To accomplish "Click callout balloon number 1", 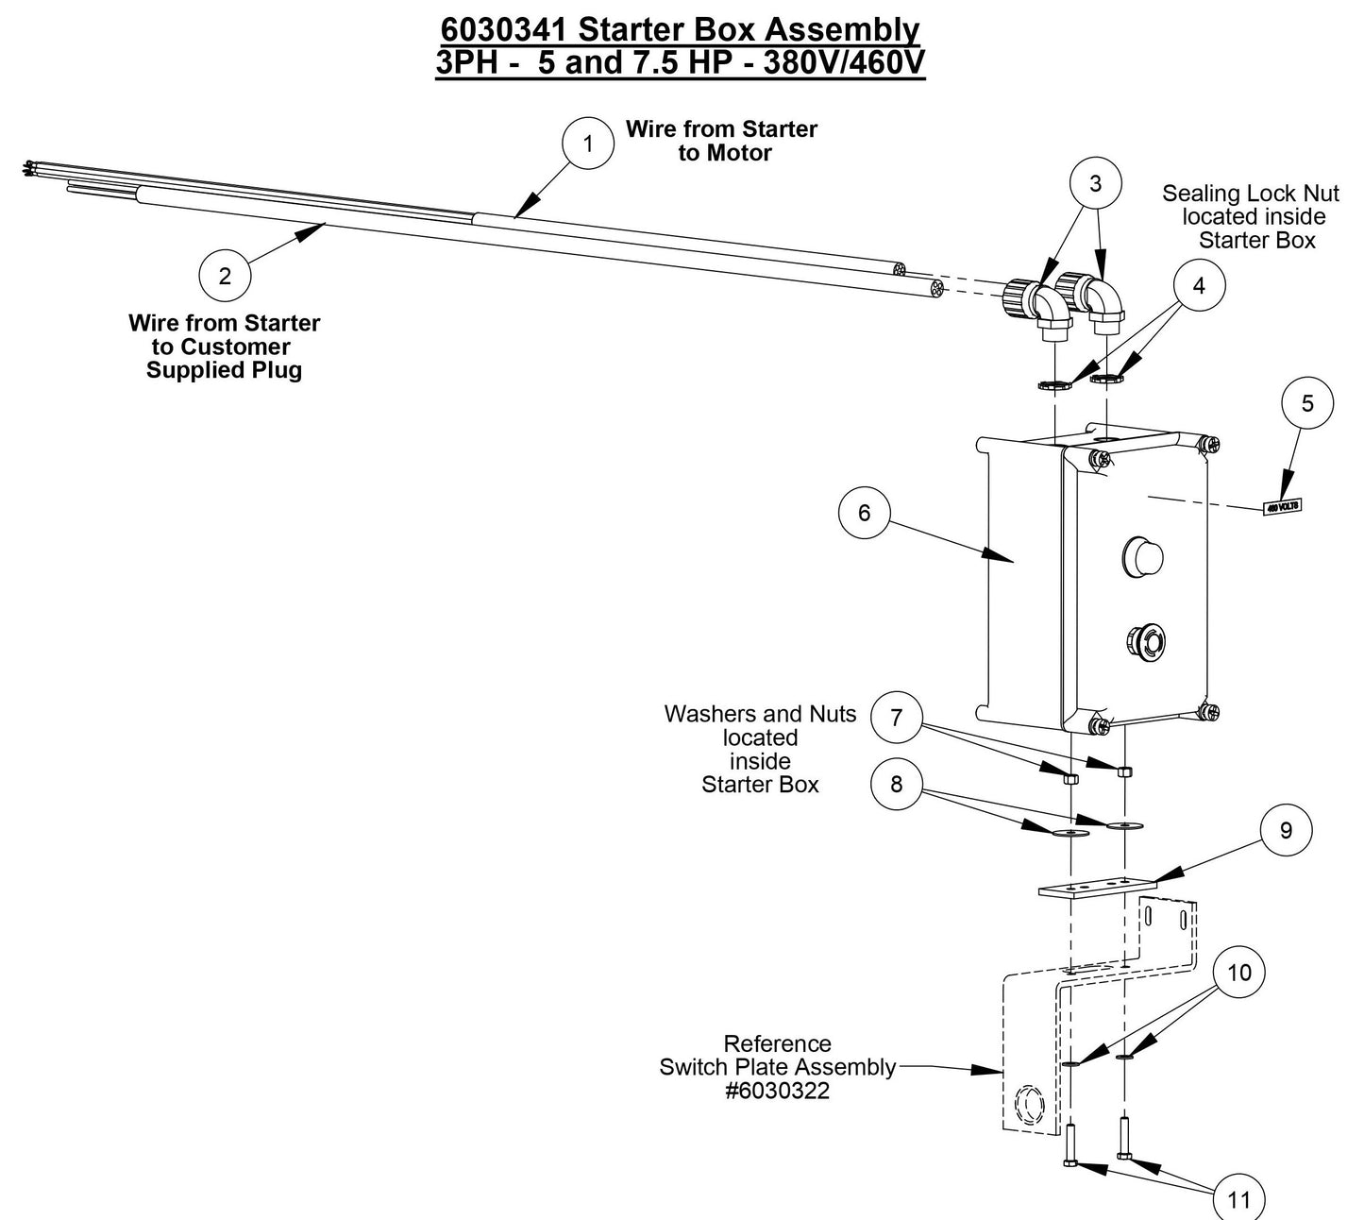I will click(x=588, y=144).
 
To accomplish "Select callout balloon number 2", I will click(x=225, y=276).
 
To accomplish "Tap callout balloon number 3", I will click(x=1095, y=183).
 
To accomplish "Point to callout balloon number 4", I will click(x=1199, y=285).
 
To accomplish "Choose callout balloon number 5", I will click(x=1307, y=403).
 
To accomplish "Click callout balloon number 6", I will click(x=864, y=513).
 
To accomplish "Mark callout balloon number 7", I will click(x=896, y=718).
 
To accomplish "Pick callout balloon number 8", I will click(x=896, y=784).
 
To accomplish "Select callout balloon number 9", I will click(x=1285, y=830).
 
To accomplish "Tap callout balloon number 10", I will click(x=1238, y=972).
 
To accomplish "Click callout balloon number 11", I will click(x=1238, y=1199).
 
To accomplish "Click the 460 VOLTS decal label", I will click(x=1282, y=507).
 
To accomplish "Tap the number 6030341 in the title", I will click(x=505, y=30).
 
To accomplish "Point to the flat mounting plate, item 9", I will click(x=1096, y=889).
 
